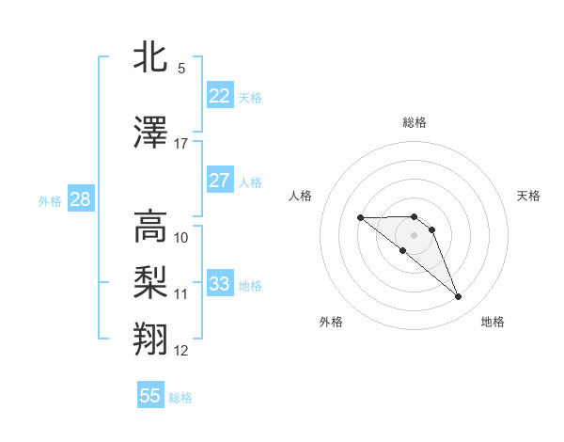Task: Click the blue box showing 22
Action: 219,96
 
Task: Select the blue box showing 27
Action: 219,181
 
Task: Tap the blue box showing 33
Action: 219,284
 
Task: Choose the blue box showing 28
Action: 80,198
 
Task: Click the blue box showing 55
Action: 150,396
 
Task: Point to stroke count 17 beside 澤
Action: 181,144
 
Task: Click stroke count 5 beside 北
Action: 181,69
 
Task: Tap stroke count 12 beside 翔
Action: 181,351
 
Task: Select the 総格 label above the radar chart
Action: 414,122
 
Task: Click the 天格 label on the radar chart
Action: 528,196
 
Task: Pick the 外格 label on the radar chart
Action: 331,322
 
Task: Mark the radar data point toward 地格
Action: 459,297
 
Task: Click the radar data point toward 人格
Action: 360,218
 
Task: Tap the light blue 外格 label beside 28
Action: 49,200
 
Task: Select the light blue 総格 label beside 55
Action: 180,398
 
